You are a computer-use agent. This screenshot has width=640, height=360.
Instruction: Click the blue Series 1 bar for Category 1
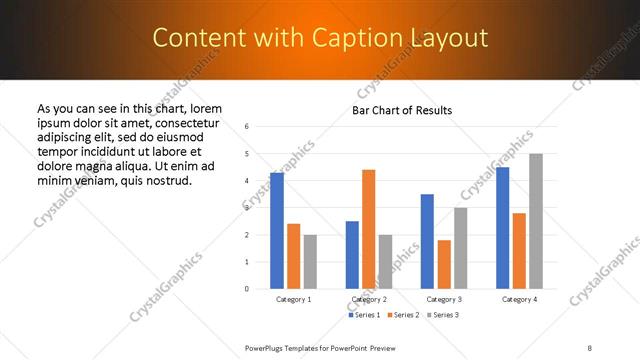pyautogui.click(x=277, y=231)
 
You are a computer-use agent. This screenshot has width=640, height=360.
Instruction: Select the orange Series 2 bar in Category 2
pyautogui.click(x=368, y=229)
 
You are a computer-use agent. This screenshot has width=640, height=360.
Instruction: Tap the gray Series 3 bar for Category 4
pyautogui.click(x=536, y=221)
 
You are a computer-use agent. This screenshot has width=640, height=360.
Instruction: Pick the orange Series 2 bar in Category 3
pyautogui.click(x=444, y=264)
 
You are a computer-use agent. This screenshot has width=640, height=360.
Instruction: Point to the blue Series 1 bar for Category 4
pyautogui.click(x=502, y=228)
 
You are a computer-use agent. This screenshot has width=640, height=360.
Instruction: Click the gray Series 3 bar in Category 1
pyautogui.click(x=310, y=262)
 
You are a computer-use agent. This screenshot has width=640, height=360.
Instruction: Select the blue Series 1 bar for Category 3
pyautogui.click(x=427, y=241)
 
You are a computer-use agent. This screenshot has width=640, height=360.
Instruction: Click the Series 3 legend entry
pyautogui.click(x=445, y=315)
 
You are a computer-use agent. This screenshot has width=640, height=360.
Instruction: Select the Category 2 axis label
pyautogui.click(x=369, y=299)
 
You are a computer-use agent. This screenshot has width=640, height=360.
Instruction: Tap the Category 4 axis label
pyautogui.click(x=519, y=299)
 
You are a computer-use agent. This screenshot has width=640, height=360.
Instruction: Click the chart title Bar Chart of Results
pyautogui.click(x=402, y=110)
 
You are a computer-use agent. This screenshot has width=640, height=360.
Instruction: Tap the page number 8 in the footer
pyautogui.click(x=589, y=347)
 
